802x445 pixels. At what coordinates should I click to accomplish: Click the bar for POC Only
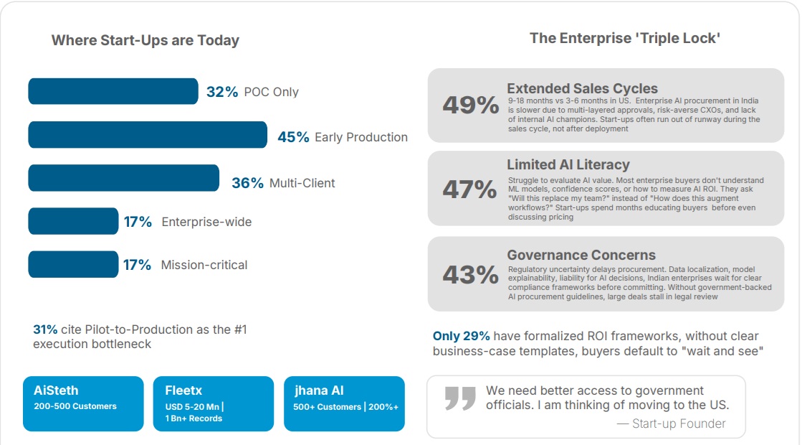[113, 91]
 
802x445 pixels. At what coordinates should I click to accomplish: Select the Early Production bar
[147, 135]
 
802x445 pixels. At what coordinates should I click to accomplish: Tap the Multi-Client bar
[123, 178]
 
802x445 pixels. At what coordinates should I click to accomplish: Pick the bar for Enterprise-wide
[73, 221]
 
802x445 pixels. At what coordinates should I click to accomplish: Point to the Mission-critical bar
[73, 264]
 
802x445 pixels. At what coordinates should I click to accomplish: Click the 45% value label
[293, 137]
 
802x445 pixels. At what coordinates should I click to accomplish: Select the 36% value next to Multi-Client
[247, 183]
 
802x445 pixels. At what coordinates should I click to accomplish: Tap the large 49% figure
[470, 106]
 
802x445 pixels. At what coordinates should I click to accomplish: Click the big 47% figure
[469, 189]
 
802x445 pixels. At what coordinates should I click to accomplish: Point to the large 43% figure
[470, 275]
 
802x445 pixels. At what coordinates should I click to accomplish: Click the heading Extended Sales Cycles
[582, 88]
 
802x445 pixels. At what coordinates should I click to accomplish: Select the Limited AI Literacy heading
[568, 165]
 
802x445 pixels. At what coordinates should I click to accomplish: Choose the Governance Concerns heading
[581, 255]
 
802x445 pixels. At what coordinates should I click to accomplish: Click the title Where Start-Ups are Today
[145, 40]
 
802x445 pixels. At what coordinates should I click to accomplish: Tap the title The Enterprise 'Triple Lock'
[625, 38]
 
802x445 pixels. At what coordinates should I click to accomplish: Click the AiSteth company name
[56, 390]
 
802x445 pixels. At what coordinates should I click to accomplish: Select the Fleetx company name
[183, 390]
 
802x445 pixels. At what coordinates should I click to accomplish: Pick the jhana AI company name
[320, 390]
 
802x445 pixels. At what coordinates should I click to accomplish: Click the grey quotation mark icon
[460, 398]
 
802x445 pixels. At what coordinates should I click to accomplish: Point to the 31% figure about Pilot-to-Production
[45, 329]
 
